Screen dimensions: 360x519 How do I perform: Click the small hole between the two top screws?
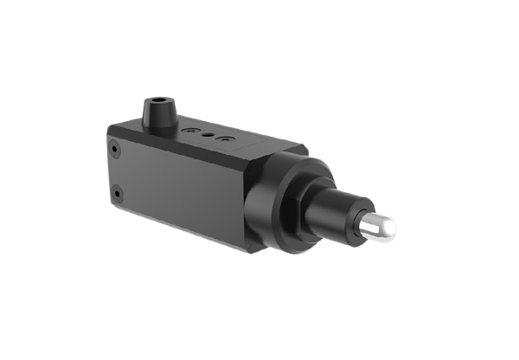pyautogui.click(x=209, y=135)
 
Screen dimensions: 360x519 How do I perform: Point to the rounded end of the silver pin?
pyautogui.click(x=391, y=228)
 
